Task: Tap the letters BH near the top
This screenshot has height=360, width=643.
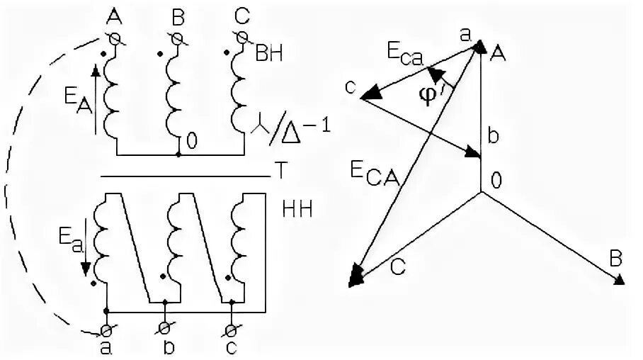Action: (268, 54)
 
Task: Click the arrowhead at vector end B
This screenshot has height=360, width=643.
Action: (619, 279)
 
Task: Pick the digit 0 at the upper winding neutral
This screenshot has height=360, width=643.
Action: (191, 140)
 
